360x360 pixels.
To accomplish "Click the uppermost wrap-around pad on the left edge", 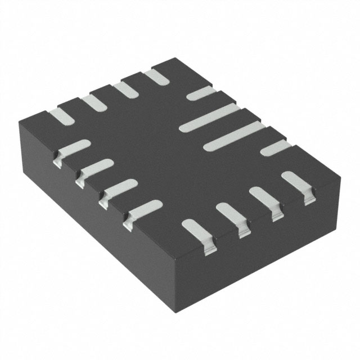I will [73, 150].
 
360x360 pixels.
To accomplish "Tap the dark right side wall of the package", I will [264, 247].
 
